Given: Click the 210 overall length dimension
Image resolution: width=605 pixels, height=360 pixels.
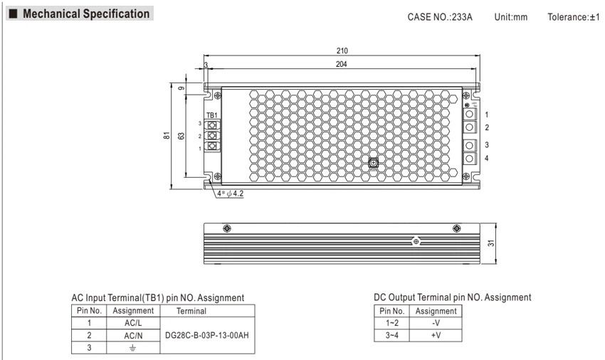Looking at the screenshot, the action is pyautogui.click(x=342, y=51).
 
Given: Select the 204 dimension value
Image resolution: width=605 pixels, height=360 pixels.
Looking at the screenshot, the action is pyautogui.click(x=342, y=64).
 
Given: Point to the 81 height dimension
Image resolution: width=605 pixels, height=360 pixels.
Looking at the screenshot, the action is pyautogui.click(x=167, y=135).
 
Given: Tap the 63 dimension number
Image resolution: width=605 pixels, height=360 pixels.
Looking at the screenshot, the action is pyautogui.click(x=181, y=136).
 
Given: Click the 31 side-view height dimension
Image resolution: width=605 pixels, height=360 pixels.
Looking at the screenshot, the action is pyautogui.click(x=491, y=243).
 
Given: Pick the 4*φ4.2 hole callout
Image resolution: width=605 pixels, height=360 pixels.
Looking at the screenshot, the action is pyautogui.click(x=231, y=194).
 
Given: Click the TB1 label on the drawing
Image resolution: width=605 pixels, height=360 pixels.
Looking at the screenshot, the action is pyautogui.click(x=212, y=115).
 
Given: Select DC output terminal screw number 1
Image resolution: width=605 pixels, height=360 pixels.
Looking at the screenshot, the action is pyautogui.click(x=470, y=115).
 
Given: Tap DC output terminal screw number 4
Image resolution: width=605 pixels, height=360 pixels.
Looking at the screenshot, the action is pyautogui.click(x=470, y=158).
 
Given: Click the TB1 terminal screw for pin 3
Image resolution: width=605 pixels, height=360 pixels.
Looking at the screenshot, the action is pyautogui.click(x=211, y=125).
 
